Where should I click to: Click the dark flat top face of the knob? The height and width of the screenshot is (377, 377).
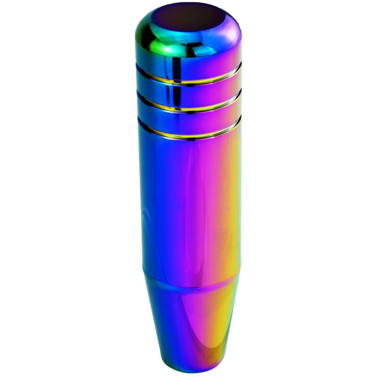[188, 16]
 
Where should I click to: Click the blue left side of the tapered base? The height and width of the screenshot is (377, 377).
[158, 320]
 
